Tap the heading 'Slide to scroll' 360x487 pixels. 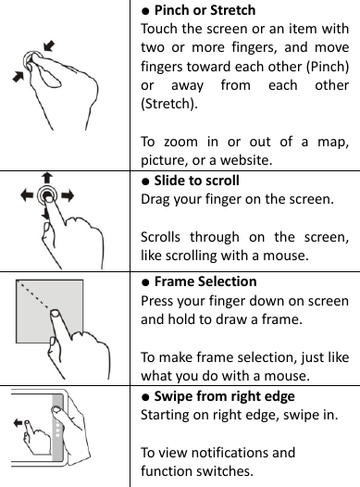tap(196, 180)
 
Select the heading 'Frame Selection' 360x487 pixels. tap(205, 281)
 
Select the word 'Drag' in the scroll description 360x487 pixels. tap(155, 198)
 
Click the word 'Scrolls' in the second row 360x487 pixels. tap(160, 236)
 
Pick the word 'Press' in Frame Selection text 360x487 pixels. tap(156, 300)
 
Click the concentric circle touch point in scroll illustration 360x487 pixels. tap(47, 196)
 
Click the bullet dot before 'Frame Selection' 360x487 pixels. tap(146, 281)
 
